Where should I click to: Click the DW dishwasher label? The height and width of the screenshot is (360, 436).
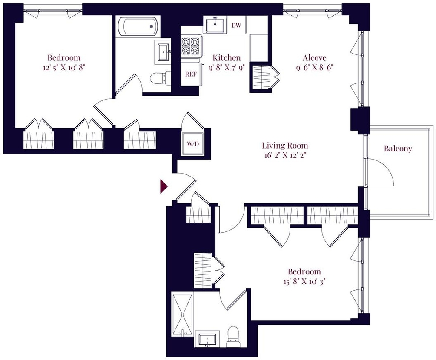pos(236,25)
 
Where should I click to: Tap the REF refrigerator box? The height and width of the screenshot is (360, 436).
pos(191,74)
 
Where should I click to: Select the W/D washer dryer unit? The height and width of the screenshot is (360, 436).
pos(193,144)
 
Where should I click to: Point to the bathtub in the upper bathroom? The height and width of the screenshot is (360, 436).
pos(138,26)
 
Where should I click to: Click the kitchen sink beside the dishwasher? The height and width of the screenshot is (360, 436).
pos(215,25)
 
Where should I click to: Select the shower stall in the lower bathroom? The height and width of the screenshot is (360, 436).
pos(182,314)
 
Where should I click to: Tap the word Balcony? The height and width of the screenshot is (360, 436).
pos(398,149)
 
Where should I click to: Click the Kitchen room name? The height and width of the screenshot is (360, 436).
pos(227,57)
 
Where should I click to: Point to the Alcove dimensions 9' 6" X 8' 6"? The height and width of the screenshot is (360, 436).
pos(315,68)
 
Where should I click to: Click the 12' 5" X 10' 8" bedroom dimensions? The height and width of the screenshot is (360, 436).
pos(64,68)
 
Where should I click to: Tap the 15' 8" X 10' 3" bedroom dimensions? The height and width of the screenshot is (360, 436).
pos(304,282)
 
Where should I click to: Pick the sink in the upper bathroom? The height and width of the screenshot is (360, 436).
pos(164,52)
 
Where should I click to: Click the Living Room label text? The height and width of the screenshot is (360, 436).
pos(285,146)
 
